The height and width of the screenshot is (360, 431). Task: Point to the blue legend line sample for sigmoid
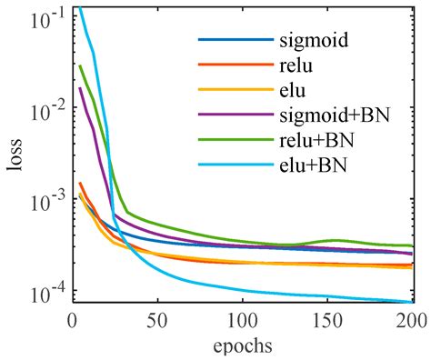tap(236, 41)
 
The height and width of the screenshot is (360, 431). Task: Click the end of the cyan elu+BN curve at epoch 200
tap(412, 303)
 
